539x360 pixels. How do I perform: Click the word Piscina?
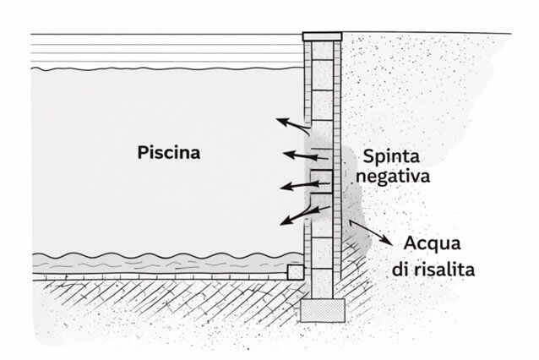click(x=169, y=152)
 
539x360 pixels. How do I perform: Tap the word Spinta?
click(x=391, y=156)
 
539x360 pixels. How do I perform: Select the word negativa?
click(x=393, y=177)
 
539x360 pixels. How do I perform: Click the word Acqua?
click(x=432, y=244)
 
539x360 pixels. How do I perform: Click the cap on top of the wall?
click(x=322, y=36)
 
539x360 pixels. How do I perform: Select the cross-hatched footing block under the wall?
click(x=323, y=310)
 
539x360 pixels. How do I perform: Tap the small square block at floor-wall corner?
click(x=296, y=271)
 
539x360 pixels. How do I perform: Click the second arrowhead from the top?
click(x=289, y=155)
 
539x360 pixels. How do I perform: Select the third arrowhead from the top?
click(x=286, y=187)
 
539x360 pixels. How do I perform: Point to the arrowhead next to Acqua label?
click(x=388, y=241)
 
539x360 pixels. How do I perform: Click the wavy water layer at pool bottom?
click(x=168, y=264)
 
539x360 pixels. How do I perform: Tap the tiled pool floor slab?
click(x=161, y=277)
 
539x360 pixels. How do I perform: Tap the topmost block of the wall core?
click(x=322, y=51)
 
